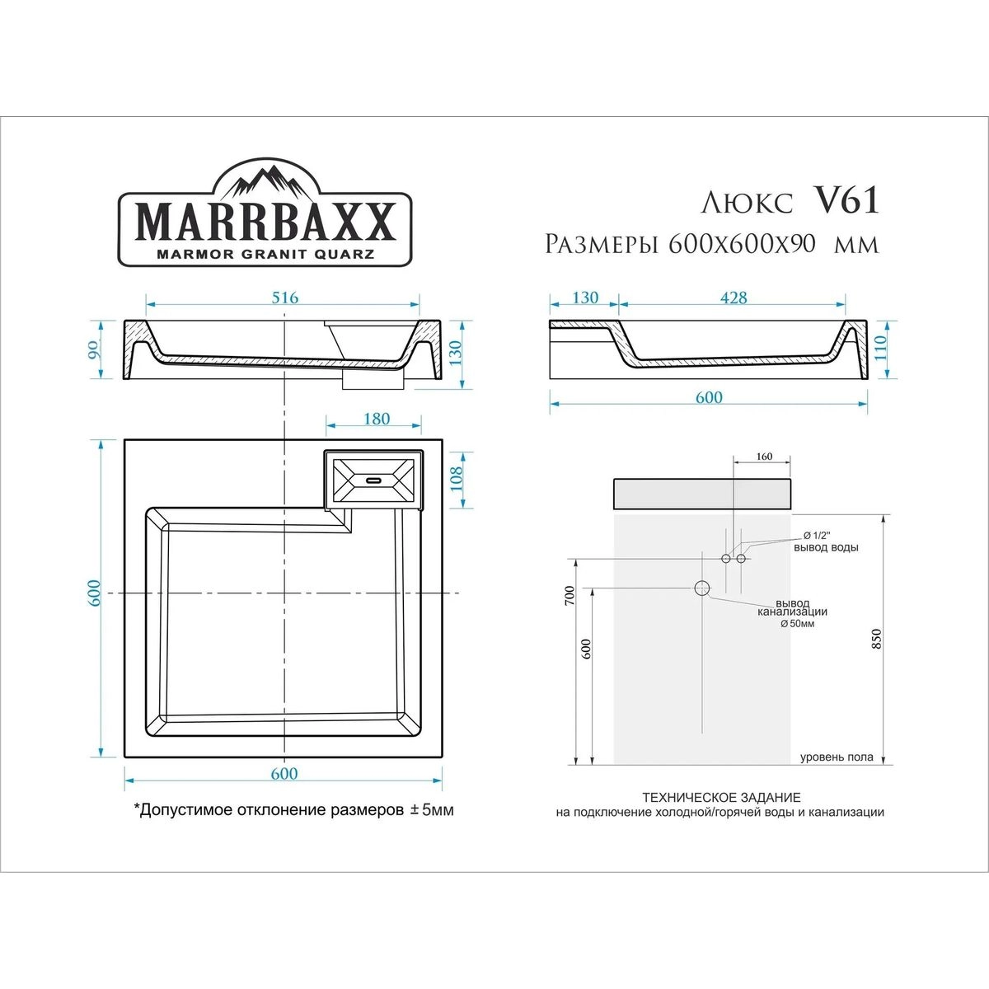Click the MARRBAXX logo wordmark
265,223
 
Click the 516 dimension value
284,298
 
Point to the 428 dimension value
734,298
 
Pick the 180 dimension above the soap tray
377,419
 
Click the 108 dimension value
456,478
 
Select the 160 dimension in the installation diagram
764,457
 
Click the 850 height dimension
877,639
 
